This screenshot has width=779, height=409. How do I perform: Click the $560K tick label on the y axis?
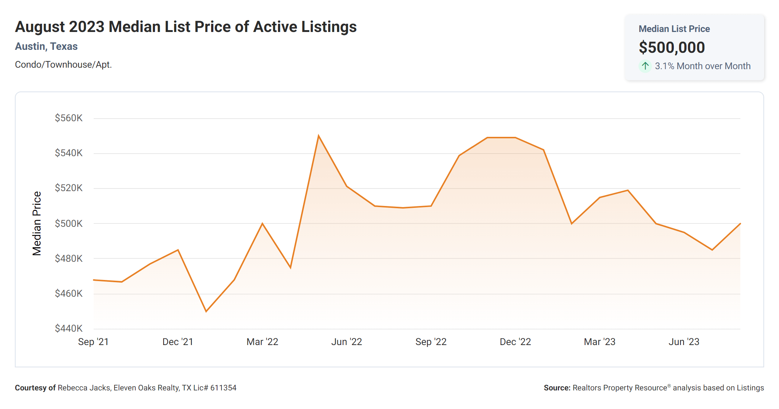click(x=69, y=118)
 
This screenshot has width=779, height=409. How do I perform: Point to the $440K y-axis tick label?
click(x=69, y=328)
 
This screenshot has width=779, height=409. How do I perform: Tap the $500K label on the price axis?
click(x=69, y=223)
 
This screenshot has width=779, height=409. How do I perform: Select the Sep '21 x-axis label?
click(x=93, y=342)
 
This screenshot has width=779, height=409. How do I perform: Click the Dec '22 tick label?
click(x=515, y=342)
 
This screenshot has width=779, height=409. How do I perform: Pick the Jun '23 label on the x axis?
click(x=684, y=342)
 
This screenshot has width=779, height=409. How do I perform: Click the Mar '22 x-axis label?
click(x=262, y=342)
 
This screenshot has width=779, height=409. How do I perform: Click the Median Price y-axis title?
click(x=37, y=223)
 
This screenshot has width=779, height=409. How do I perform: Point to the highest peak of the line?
click(x=319, y=136)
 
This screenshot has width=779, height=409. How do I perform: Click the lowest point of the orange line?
click(x=206, y=311)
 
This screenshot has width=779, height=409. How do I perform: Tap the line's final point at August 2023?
click(x=740, y=223)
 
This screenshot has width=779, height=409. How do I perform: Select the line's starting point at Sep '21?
click(x=94, y=280)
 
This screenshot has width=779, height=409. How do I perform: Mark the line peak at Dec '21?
click(x=178, y=250)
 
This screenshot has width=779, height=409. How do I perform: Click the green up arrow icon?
click(x=645, y=66)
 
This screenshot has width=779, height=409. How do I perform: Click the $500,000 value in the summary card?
click(x=672, y=48)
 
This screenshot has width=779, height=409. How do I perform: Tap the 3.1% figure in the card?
click(x=664, y=66)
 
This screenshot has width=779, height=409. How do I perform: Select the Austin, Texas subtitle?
click(x=46, y=46)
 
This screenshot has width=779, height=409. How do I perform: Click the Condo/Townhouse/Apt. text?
click(x=63, y=65)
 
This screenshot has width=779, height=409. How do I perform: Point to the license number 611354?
click(x=223, y=388)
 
